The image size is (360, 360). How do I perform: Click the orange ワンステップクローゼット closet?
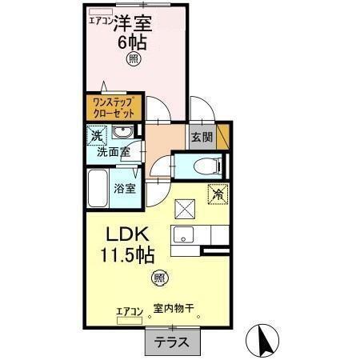[113, 107]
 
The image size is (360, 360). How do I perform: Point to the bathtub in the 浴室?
[98, 190]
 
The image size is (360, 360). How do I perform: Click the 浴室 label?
[124, 190]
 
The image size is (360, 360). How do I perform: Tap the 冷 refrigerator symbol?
[217, 194]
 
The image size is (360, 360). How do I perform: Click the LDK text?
[124, 236]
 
